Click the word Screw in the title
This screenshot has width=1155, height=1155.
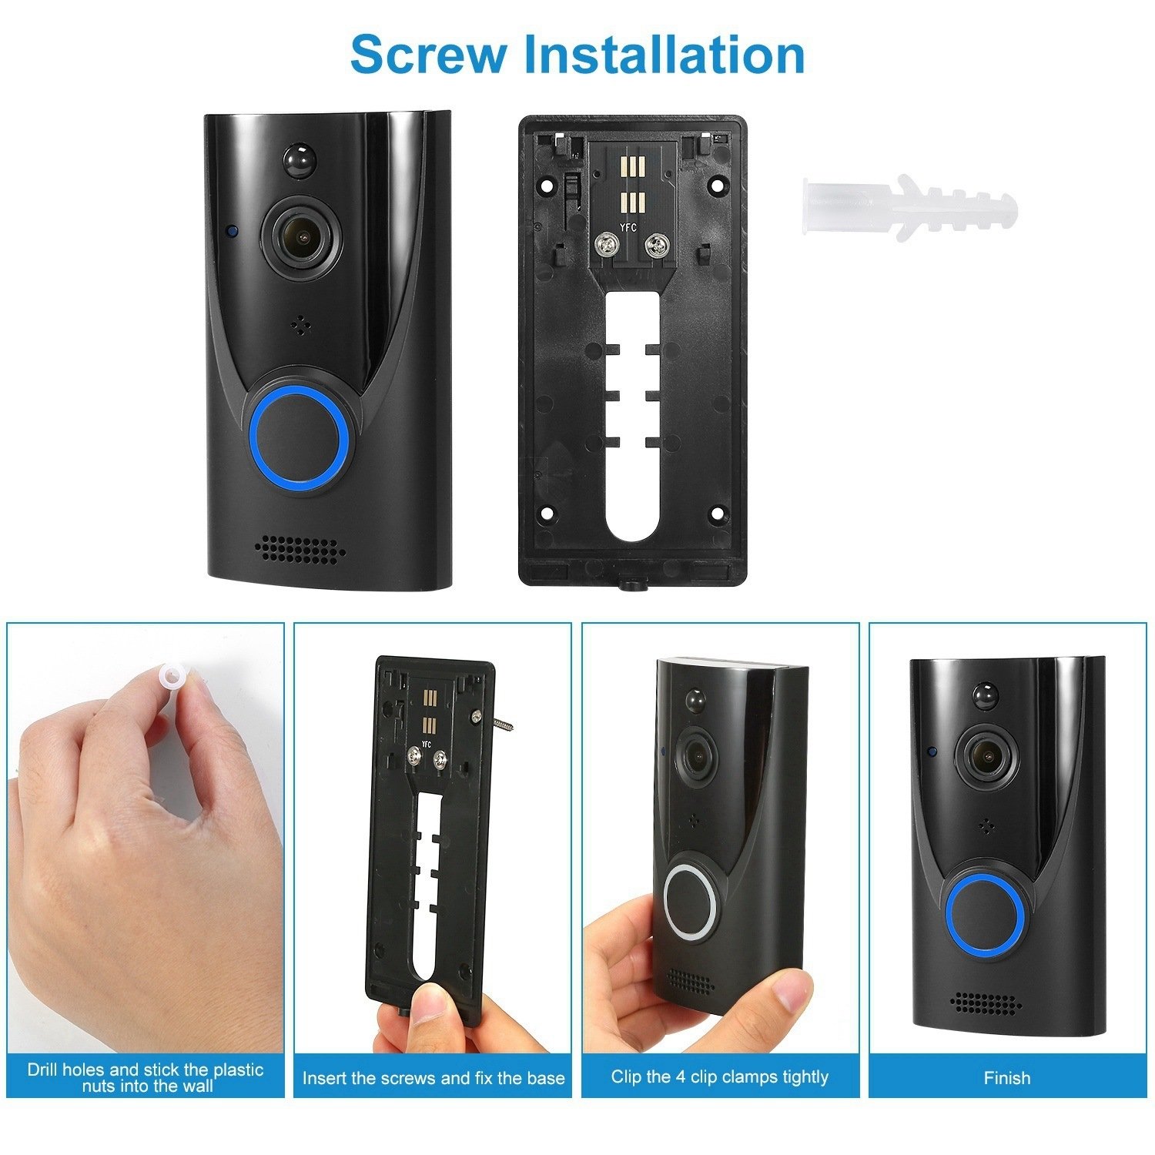pyautogui.click(x=429, y=54)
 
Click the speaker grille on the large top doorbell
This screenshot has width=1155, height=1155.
pyautogui.click(x=300, y=548)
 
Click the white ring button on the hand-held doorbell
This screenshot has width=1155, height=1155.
pyautogui.click(x=690, y=900)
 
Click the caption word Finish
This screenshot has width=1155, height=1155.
pyautogui.click(x=1007, y=1077)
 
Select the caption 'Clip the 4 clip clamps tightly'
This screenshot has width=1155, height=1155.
pyautogui.click(x=720, y=1076)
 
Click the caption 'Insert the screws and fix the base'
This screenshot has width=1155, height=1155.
pyautogui.click(x=434, y=1078)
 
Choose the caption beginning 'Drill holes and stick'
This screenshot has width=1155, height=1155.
pyautogui.click(x=146, y=1077)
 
